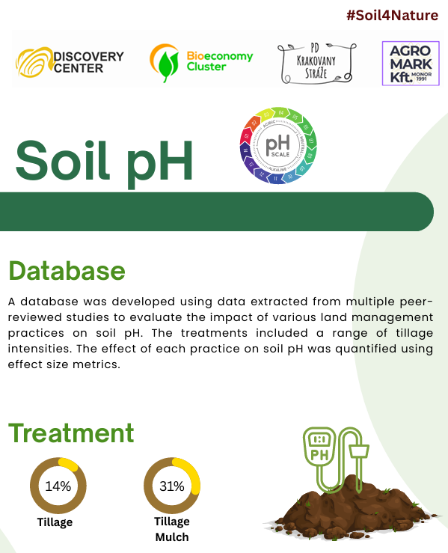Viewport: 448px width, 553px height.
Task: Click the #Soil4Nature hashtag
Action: [x=392, y=16]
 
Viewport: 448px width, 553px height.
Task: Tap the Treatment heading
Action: [x=71, y=433]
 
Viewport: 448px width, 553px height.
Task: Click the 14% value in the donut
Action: [x=58, y=486]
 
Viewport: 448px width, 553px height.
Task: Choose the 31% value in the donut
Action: [x=172, y=486]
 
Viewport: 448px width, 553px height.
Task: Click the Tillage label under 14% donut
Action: [x=55, y=522]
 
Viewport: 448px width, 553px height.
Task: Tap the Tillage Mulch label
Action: [x=172, y=529]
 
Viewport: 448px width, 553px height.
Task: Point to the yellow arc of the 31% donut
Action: [x=193, y=474]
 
